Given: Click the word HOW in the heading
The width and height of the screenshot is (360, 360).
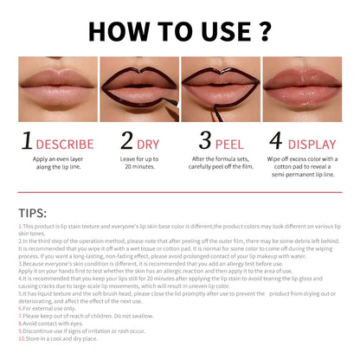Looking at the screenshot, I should click(123, 30).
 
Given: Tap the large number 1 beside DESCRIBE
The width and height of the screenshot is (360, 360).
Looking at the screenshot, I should click(28, 141).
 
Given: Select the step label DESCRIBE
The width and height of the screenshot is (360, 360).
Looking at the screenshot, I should click(64, 143).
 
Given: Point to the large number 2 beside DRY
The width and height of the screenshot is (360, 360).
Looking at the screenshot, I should click(127, 141).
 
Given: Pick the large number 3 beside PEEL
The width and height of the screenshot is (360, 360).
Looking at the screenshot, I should click(205, 141).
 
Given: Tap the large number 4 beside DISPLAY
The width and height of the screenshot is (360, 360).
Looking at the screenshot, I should click(276, 141).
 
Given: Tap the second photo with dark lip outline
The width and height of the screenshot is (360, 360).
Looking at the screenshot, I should click(138, 89).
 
